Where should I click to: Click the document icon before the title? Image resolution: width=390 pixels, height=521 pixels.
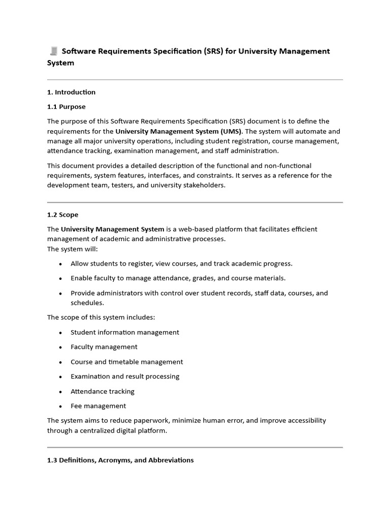coord(53,51)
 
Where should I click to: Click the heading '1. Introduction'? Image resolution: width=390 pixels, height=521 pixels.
coord(71,92)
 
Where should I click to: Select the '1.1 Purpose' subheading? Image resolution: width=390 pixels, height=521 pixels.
coord(67,107)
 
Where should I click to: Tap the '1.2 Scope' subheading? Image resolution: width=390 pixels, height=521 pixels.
coord(63,215)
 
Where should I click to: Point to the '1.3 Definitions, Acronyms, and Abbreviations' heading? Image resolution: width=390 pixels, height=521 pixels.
coord(120,460)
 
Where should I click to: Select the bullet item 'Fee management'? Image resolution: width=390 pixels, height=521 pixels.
coord(98,406)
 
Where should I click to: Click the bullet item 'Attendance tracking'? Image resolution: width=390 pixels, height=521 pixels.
coord(102,391)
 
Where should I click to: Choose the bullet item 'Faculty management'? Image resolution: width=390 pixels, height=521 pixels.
coord(104,347)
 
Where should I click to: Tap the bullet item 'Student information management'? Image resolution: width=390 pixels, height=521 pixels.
coord(124,332)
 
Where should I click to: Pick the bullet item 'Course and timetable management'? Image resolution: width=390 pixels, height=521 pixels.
coord(126,362)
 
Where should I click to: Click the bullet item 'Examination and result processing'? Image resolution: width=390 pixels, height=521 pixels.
coord(124,377)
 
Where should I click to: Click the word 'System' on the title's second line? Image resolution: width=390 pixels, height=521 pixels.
coord(60,63)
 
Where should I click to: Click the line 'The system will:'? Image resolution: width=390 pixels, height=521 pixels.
coord(73,249)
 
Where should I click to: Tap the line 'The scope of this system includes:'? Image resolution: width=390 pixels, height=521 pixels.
coord(101,317)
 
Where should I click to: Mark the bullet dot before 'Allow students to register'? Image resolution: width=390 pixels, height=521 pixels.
coord(61,264)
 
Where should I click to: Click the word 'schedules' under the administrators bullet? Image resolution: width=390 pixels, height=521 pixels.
coord(86,303)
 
